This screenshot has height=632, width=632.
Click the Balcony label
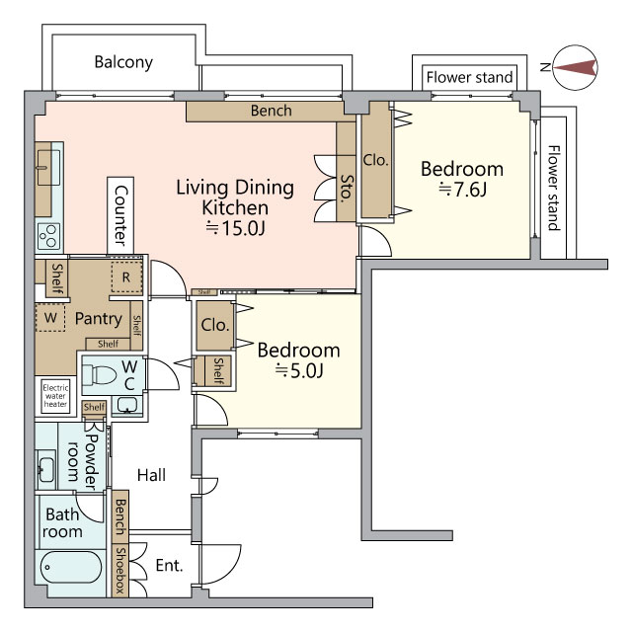[x=123, y=62]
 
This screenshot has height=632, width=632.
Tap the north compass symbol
[x=575, y=67]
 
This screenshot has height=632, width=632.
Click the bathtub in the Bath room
[x=71, y=567]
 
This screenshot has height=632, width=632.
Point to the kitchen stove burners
[x=48, y=236]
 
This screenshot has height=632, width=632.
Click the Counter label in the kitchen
[x=120, y=215]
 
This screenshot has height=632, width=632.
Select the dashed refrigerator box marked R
[x=126, y=276]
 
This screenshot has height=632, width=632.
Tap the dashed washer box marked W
[x=50, y=318]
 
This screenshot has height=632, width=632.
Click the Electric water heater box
[x=55, y=396]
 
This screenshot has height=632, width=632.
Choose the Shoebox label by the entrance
[x=120, y=570]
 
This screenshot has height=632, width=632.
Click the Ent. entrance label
[x=169, y=566]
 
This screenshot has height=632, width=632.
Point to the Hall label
[x=151, y=475]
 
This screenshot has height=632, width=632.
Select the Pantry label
[x=99, y=319]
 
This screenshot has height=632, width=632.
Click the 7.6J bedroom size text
[x=463, y=190]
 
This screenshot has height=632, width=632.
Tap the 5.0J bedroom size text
[x=299, y=371]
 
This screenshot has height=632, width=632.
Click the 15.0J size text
[x=235, y=228]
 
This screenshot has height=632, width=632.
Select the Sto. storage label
[x=347, y=189]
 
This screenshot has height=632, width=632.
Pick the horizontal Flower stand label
[x=470, y=77]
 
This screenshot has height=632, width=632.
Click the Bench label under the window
[x=272, y=111]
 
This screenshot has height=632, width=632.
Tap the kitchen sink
[x=48, y=167]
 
